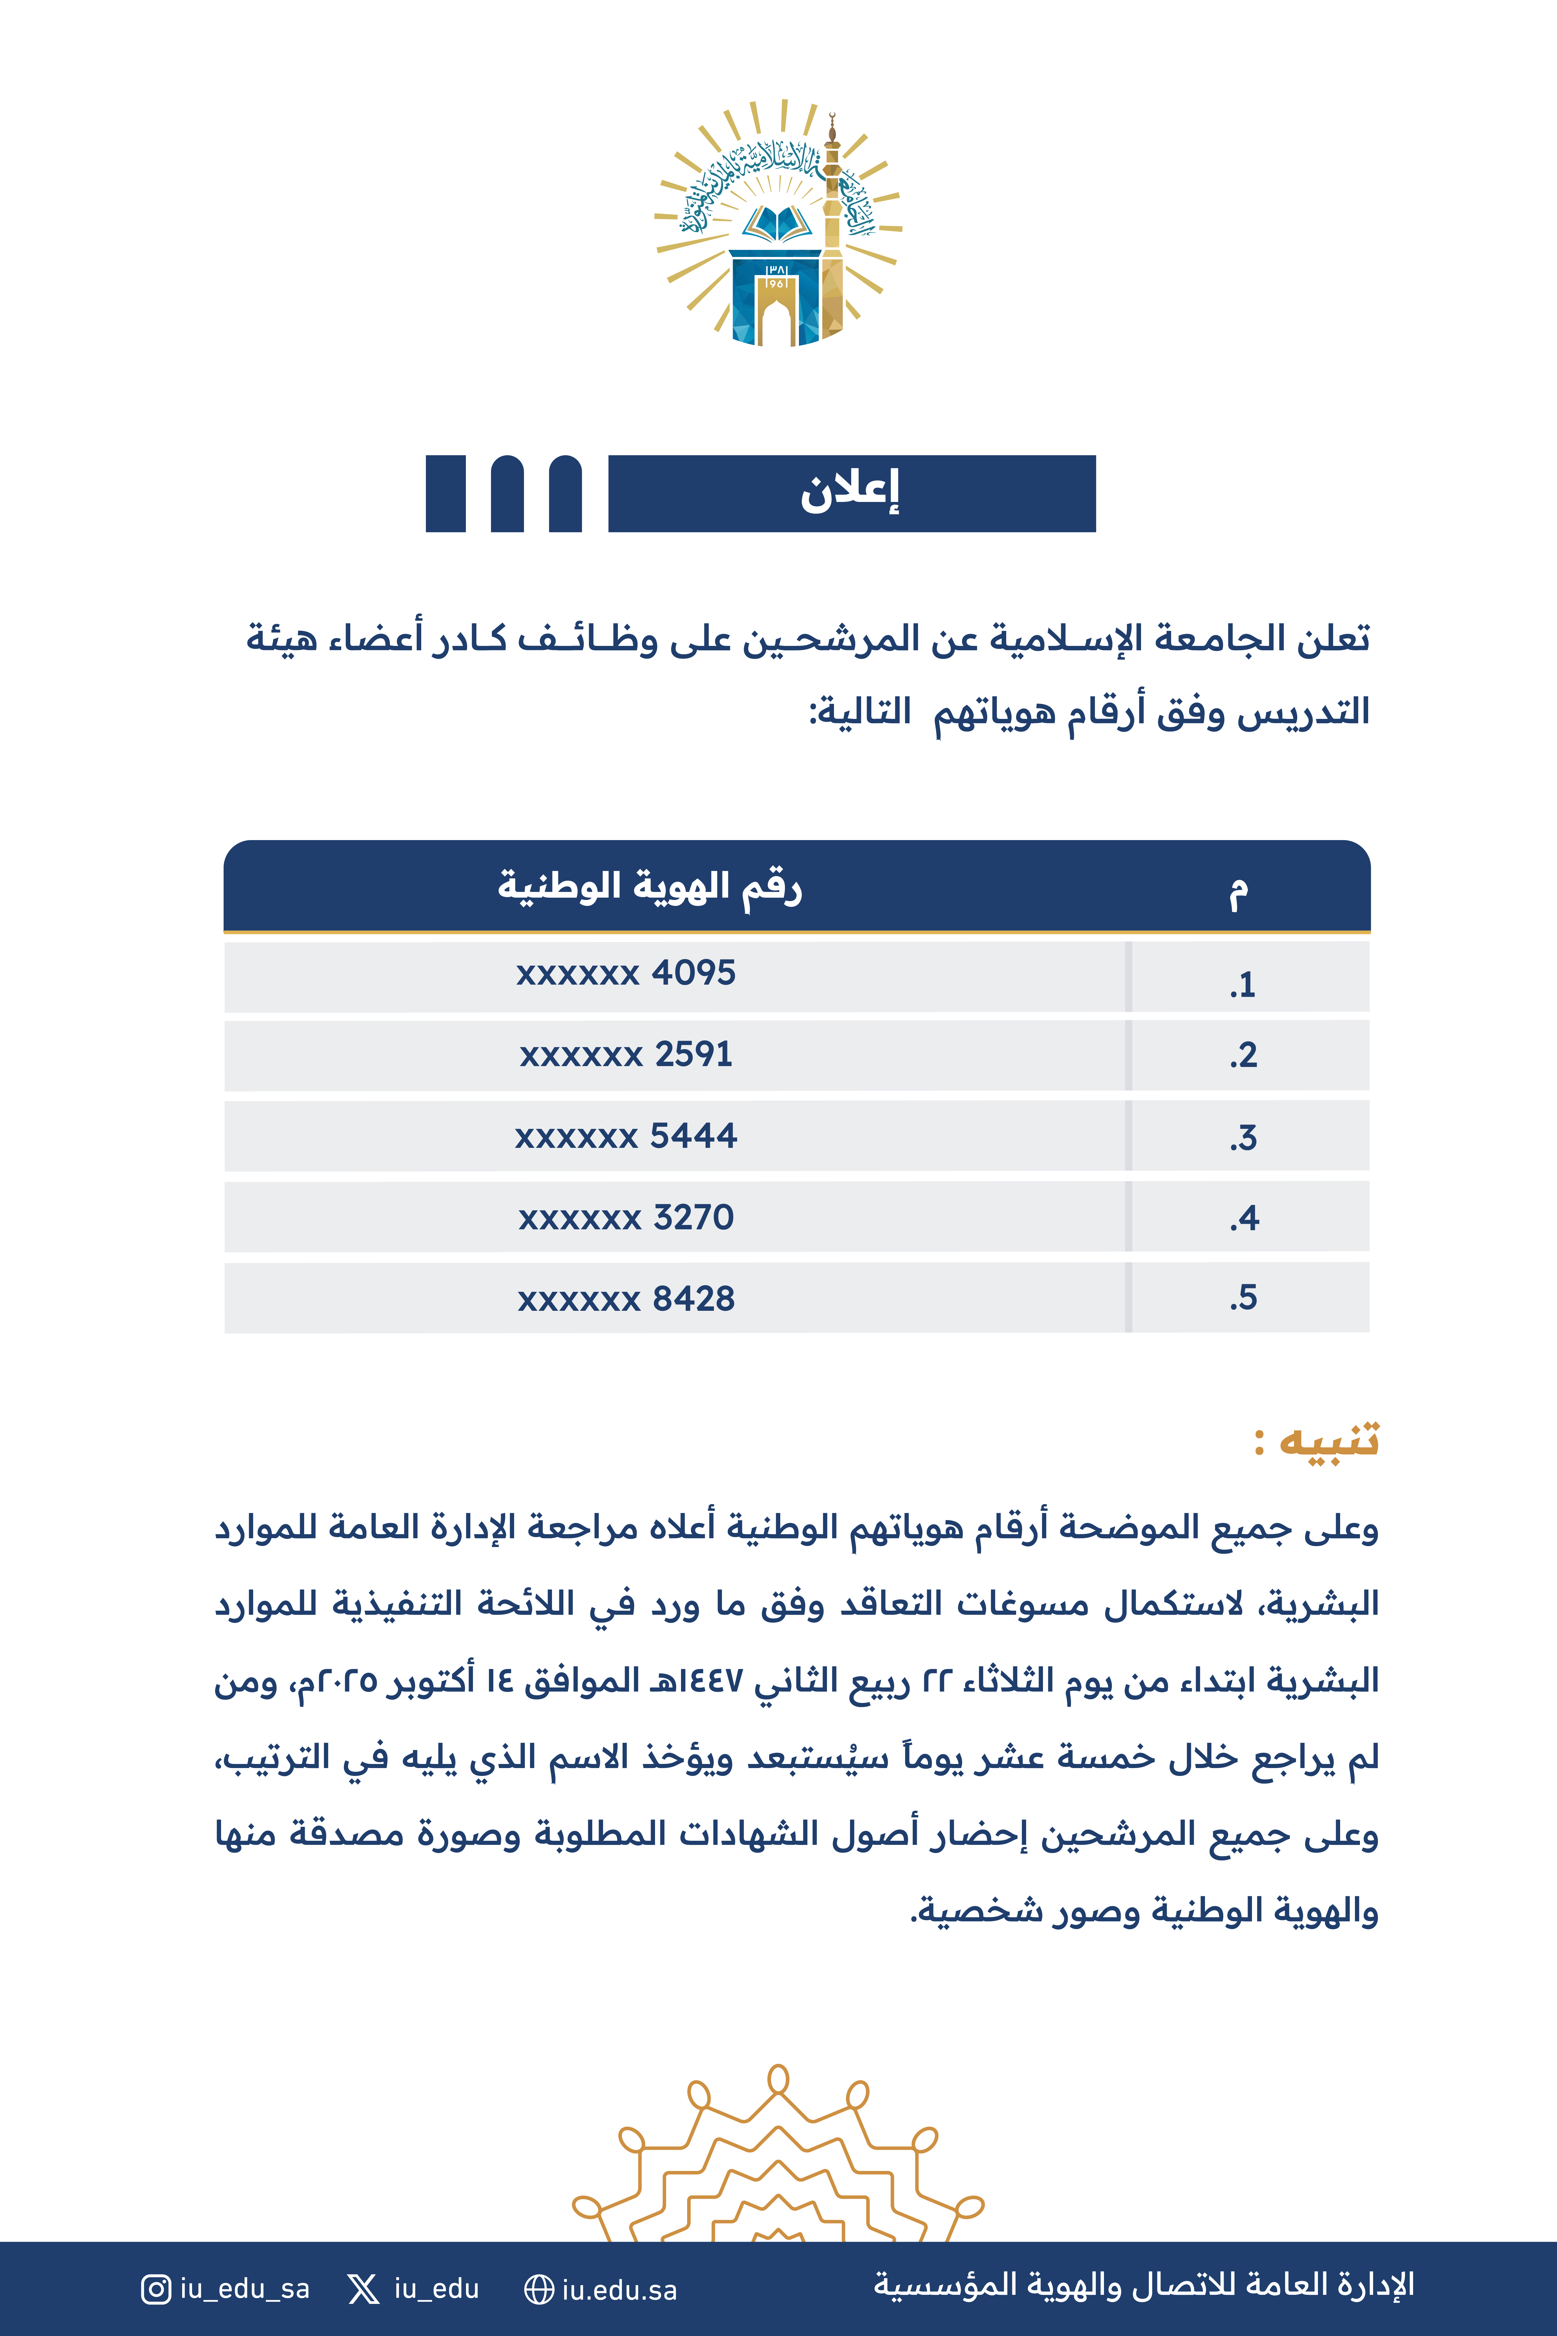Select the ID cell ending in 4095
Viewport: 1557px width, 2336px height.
point(626,973)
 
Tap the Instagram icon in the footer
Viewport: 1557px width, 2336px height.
point(156,2289)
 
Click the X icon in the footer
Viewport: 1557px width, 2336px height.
point(363,2289)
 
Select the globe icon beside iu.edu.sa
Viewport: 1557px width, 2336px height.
point(538,2289)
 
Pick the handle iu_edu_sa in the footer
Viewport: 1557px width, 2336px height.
point(244,2289)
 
